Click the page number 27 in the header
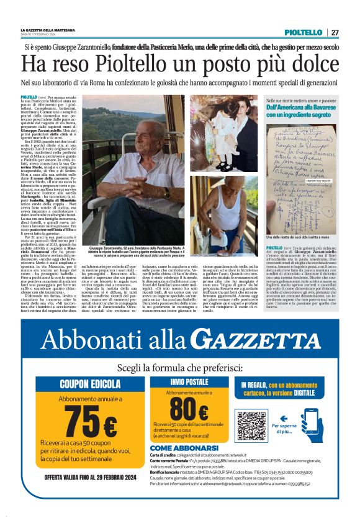tap(335, 32)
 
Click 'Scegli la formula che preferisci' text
tap(180, 366)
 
